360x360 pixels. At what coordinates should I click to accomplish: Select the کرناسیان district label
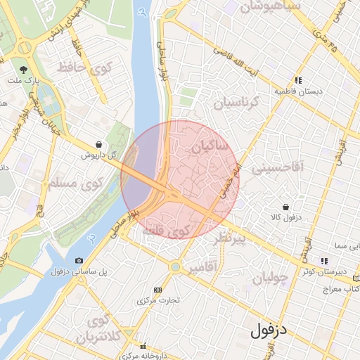click(236, 103)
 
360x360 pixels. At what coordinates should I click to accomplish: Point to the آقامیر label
click(204, 268)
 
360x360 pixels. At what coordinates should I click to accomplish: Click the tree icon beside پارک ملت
click(24, 70)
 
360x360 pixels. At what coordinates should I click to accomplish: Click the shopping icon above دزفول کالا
click(285, 207)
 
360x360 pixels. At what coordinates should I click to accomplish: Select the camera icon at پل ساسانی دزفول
click(79, 260)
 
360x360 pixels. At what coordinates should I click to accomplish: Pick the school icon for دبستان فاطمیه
click(299, 80)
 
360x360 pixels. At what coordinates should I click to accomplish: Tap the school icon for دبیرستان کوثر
click(323, 260)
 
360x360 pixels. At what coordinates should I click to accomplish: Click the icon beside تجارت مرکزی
click(157, 290)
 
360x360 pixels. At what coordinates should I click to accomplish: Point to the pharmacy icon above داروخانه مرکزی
click(144, 346)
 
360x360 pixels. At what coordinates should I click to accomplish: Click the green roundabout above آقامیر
click(174, 266)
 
